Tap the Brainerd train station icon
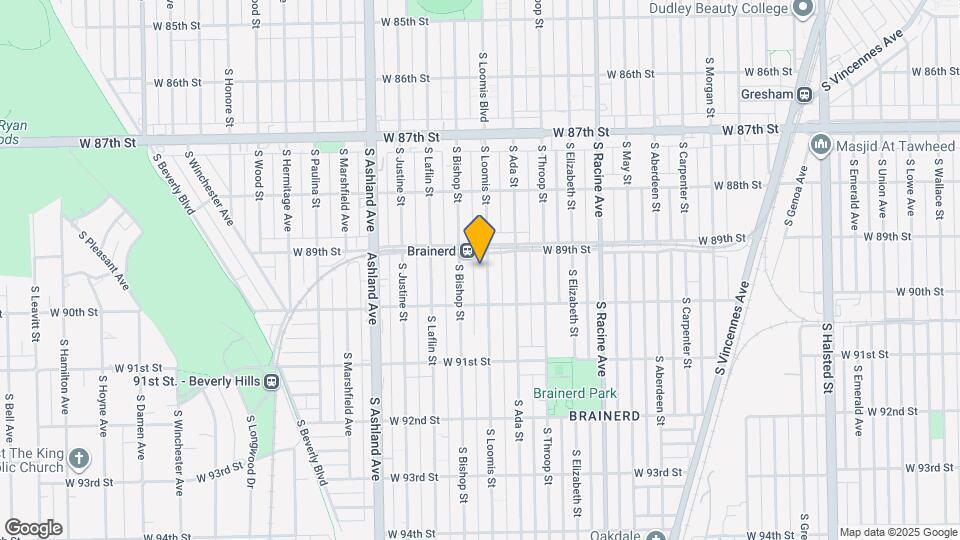[467, 251]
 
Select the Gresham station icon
[804, 94]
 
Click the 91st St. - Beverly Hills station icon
[271, 380]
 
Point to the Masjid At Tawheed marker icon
[821, 146]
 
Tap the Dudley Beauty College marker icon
[802, 9]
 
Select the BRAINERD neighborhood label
[603, 415]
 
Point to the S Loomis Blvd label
[484, 88]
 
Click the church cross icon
[79, 460]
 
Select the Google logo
[33, 528]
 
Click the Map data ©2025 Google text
[897, 532]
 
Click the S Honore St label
[229, 97]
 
